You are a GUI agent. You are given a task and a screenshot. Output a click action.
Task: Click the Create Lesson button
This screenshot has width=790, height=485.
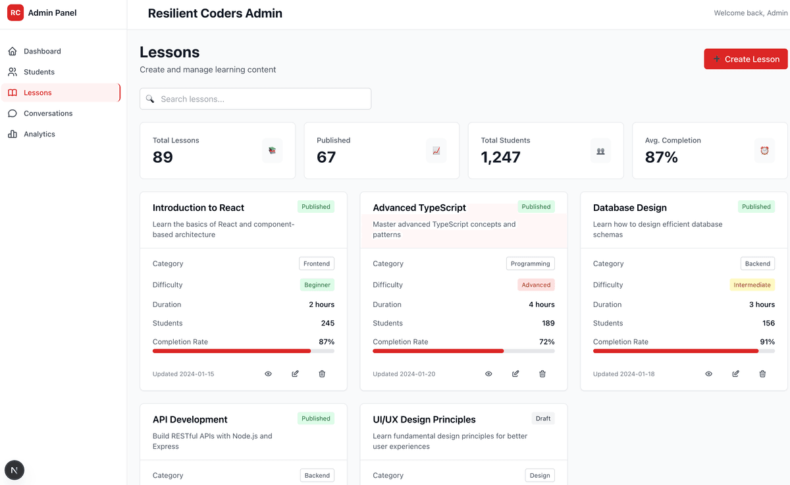(745, 59)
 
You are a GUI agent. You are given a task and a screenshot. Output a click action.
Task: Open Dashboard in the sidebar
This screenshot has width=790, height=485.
(42, 51)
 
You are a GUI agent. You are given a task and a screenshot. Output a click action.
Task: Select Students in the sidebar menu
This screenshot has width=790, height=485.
(39, 72)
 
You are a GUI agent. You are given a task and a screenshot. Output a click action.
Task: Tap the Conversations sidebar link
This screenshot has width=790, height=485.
(48, 113)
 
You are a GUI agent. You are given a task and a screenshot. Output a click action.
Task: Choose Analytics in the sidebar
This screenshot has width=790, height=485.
(39, 134)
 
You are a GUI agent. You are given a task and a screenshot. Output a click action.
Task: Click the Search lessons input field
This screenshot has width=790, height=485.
(255, 99)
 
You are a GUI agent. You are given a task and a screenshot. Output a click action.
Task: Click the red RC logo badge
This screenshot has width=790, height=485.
(15, 13)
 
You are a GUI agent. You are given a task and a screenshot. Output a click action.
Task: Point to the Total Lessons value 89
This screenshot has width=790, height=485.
(163, 157)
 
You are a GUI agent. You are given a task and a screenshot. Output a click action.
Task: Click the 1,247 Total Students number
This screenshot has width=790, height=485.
(500, 157)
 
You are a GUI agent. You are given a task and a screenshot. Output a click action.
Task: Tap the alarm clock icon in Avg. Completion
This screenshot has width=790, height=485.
(764, 150)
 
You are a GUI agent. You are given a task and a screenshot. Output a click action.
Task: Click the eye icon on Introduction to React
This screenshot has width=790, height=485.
(268, 374)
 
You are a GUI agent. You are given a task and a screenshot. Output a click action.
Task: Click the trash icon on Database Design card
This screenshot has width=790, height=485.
(762, 374)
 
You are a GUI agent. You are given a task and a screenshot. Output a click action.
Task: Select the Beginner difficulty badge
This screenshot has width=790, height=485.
(317, 285)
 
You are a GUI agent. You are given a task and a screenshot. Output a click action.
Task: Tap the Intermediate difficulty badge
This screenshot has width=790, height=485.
(752, 285)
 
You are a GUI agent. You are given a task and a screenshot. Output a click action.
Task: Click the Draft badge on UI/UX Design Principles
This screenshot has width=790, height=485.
(543, 418)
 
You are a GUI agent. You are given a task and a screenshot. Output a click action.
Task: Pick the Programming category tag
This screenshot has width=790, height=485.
(530, 264)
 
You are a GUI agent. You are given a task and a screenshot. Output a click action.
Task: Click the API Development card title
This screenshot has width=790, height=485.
(190, 420)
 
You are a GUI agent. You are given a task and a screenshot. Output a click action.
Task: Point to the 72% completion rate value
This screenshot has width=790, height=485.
(546, 341)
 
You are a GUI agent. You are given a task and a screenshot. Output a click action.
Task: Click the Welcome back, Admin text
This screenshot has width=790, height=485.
(750, 13)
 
